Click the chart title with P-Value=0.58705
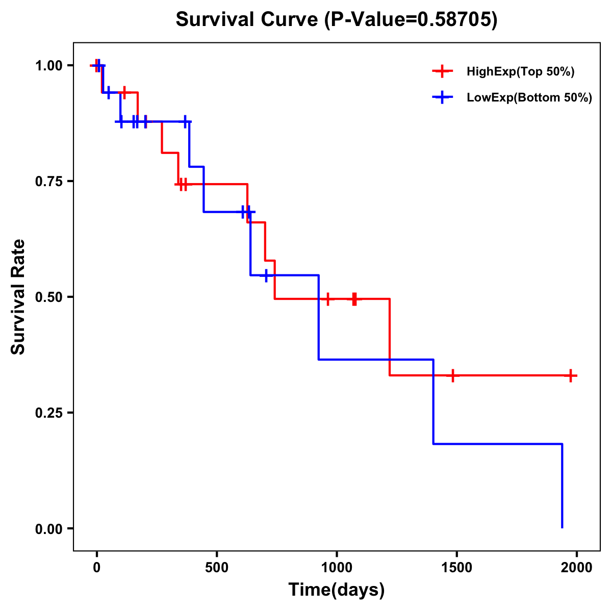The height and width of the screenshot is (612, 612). pyautogui.click(x=336, y=20)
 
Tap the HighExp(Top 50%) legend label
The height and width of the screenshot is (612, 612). pyautogui.click(x=520, y=72)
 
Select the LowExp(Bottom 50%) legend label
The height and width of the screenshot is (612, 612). pyautogui.click(x=529, y=98)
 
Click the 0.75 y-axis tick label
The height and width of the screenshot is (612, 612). pyautogui.click(x=48, y=182)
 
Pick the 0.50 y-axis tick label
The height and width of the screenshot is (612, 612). pyautogui.click(x=48, y=297)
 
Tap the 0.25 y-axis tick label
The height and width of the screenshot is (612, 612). pyautogui.click(x=48, y=413)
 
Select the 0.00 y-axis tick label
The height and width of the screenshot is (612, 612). pyautogui.click(x=48, y=529)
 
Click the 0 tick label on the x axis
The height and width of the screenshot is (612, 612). pyautogui.click(x=97, y=568)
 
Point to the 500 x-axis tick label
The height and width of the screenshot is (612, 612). pyautogui.click(x=217, y=568)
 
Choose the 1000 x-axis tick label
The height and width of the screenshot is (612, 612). pyautogui.click(x=337, y=568)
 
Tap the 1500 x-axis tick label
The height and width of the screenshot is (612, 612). pyautogui.click(x=456, y=568)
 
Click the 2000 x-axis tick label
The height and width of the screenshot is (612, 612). pyautogui.click(x=577, y=568)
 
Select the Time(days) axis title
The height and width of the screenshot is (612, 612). pyautogui.click(x=337, y=590)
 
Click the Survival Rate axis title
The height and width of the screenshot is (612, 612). pyautogui.click(x=19, y=297)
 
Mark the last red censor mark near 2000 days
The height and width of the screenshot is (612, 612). pyautogui.click(x=571, y=375)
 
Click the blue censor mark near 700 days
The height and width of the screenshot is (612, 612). pyautogui.click(x=266, y=275)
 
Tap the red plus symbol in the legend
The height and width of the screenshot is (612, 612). pyautogui.click(x=443, y=72)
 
